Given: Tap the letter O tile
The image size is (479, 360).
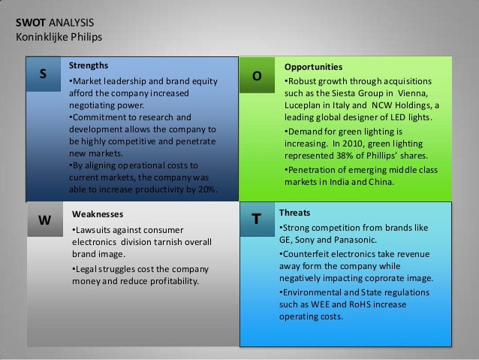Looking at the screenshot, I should [257, 77].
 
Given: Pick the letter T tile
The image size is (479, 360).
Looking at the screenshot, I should [257, 219].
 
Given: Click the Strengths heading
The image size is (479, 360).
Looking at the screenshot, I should [88, 65].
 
